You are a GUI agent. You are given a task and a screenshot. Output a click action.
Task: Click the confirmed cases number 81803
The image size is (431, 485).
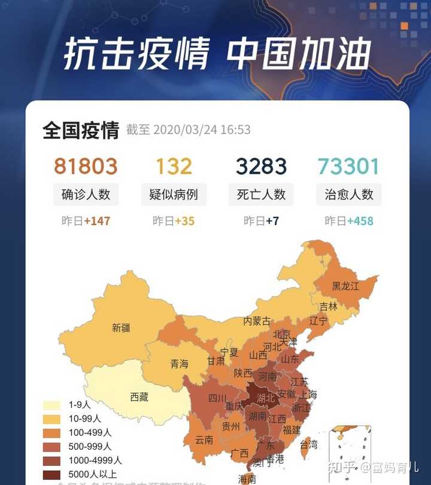coord(86,166)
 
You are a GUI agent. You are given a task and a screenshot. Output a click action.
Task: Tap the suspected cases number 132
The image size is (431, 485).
coord(174,166)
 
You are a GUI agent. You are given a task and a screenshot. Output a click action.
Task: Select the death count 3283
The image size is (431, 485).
coord(261,166)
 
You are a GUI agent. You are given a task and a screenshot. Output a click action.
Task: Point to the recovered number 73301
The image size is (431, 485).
coord(349,166)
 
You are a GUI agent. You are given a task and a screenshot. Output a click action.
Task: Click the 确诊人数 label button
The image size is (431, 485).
coord(86,195)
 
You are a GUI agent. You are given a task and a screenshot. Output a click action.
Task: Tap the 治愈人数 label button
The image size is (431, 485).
coord(349,195)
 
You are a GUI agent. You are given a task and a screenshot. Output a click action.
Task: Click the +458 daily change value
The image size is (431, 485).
coord(360,221)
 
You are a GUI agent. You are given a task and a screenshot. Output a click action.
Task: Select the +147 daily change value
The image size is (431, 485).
coord(97,221)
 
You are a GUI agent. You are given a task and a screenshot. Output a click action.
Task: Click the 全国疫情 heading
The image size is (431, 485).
coord(81,130)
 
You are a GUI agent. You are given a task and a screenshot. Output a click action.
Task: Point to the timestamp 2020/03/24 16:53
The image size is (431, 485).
coord(202,130)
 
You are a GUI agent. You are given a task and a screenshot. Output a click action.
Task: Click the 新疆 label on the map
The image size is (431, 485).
coord(121,328)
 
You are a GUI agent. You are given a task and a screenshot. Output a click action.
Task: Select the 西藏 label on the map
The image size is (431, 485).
coord(139,396)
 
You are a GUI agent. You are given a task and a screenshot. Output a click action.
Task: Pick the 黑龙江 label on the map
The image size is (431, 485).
coord(346,286)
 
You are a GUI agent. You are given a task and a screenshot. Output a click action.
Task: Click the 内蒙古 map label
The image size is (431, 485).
coord(257,321)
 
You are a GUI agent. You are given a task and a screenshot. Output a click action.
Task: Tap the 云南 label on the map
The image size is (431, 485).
coord(204,439)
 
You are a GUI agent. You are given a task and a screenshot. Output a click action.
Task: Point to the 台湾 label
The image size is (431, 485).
coord(309,444)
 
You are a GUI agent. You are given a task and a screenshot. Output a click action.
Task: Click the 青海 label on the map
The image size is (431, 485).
coord(179,363)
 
